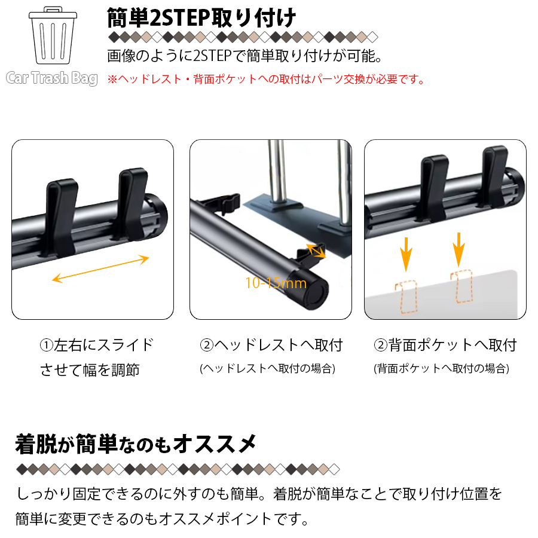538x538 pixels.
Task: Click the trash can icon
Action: [53, 35]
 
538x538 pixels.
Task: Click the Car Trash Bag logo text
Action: [52, 78]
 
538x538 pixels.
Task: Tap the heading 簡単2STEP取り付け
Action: [201, 18]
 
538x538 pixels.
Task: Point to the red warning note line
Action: [266, 80]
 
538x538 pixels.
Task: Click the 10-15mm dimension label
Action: [276, 283]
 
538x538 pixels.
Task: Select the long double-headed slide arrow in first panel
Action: [100, 268]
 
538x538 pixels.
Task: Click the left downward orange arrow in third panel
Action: [406, 254]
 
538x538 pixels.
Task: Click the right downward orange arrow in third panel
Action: [458, 249]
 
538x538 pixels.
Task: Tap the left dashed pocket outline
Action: [406, 297]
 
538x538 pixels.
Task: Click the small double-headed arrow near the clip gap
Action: [316, 250]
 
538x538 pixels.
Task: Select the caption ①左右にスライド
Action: [97, 345]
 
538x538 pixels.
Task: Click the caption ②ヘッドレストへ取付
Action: [271, 345]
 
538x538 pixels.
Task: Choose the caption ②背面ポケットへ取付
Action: [445, 345]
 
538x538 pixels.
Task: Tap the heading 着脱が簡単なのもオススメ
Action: [136, 444]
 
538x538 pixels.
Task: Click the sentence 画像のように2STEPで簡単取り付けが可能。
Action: [244, 56]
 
